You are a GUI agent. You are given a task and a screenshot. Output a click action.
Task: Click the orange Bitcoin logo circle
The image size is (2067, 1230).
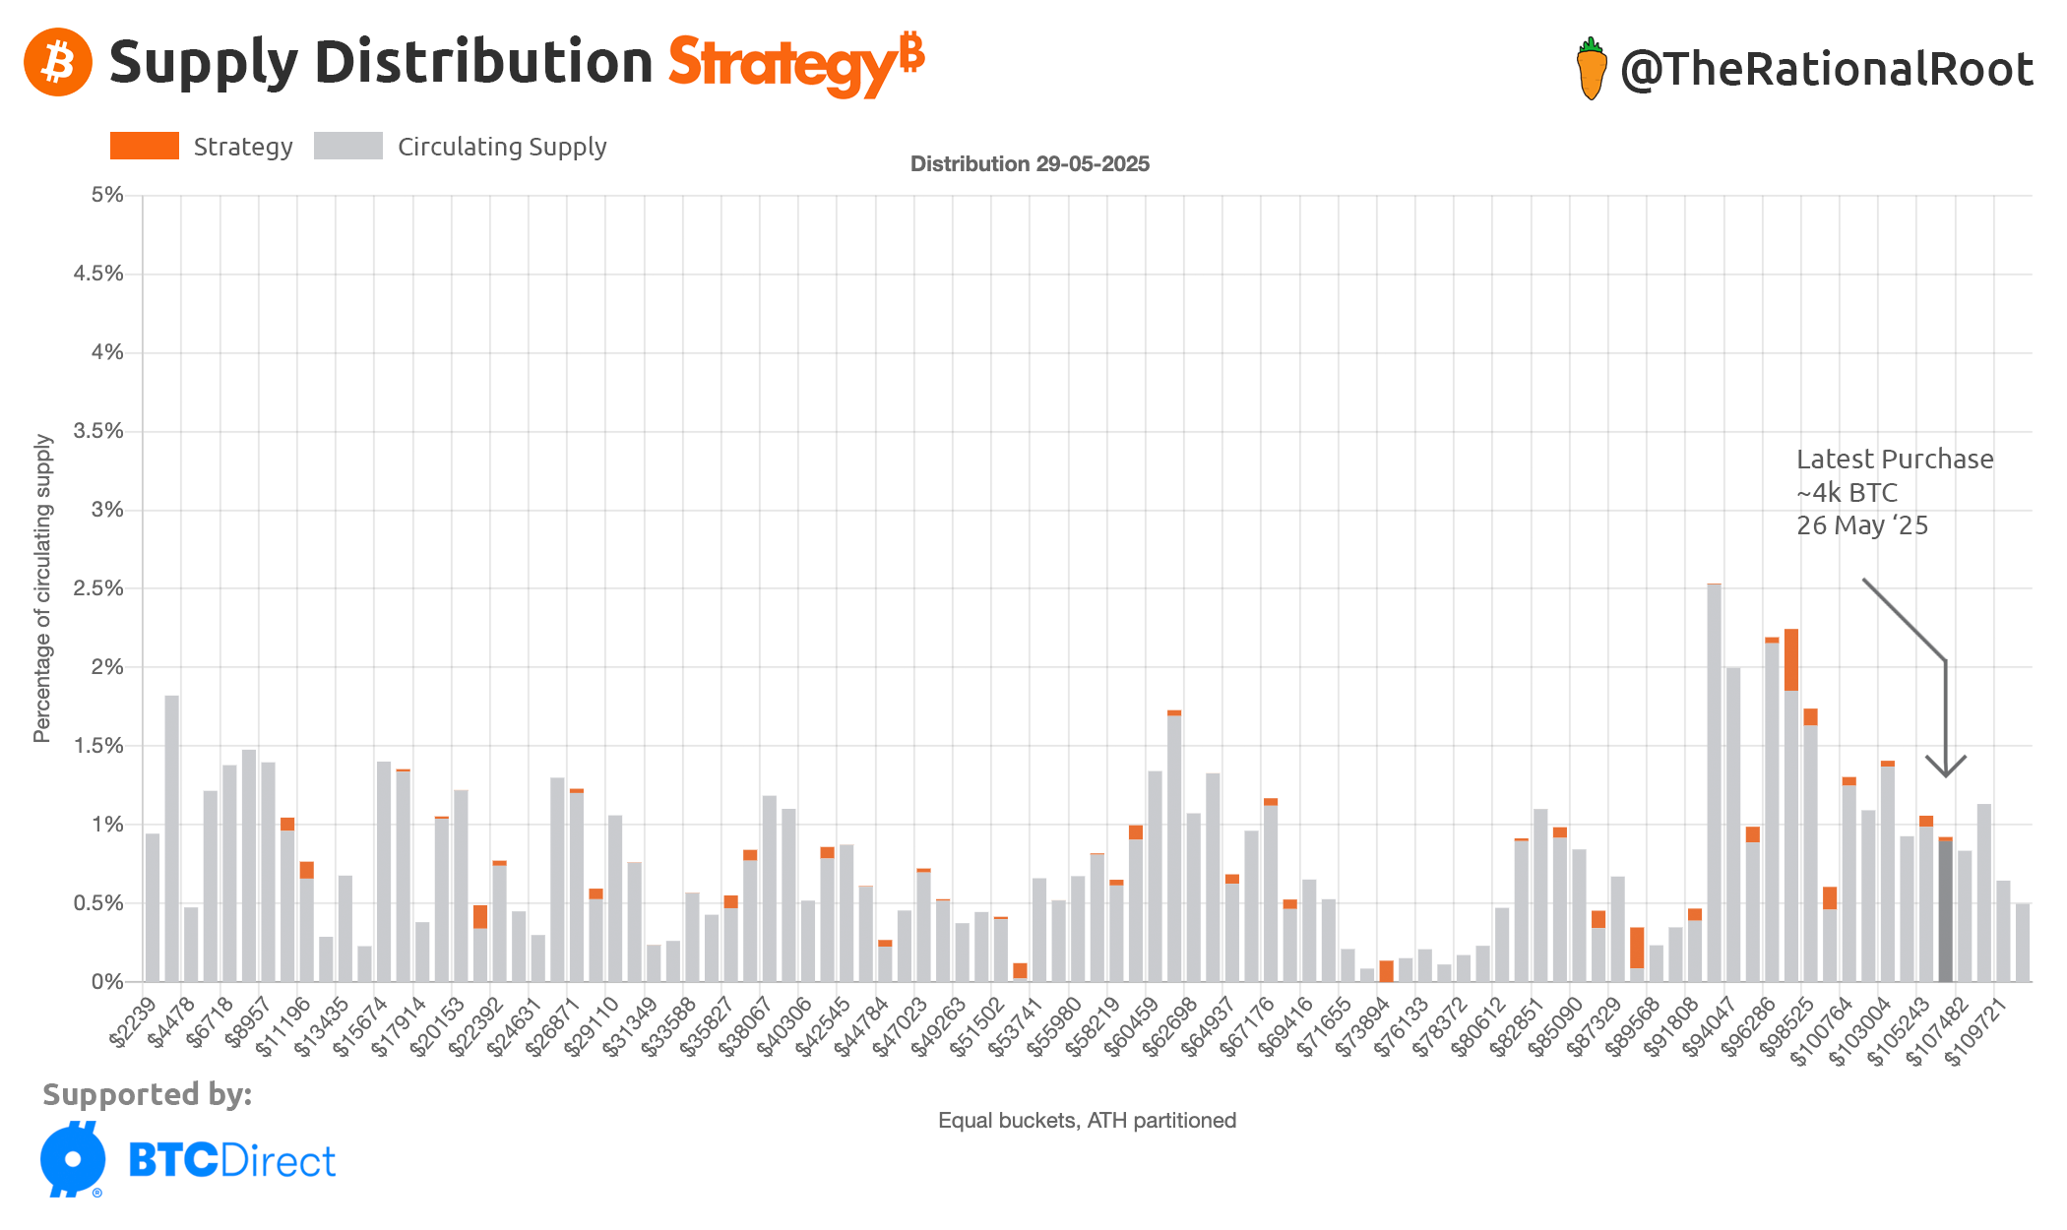tap(58, 62)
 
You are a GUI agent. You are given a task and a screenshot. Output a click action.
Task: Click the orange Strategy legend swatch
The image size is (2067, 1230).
tap(145, 146)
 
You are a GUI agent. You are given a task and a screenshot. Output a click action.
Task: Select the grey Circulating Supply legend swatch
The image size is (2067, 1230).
tap(347, 146)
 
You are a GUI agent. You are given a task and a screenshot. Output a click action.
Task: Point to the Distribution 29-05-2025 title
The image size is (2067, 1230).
tap(1030, 163)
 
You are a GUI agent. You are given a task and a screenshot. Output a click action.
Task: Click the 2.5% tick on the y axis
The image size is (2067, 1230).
tap(98, 588)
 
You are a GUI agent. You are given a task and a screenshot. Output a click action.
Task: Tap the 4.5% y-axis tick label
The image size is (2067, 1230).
tap(98, 274)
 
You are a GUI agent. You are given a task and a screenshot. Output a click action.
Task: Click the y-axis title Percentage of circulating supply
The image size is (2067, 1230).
tap(41, 588)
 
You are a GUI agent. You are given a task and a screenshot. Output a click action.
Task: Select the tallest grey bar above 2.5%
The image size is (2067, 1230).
tap(1714, 782)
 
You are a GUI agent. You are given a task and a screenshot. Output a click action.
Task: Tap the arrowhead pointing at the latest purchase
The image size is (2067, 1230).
tap(1945, 768)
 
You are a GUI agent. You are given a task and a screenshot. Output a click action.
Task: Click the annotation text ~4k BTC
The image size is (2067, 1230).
tap(1847, 492)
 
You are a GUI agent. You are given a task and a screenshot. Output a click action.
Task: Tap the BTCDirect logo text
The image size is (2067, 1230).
tap(231, 1161)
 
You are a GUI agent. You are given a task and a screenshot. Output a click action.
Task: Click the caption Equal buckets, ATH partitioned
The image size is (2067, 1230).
tap(1087, 1120)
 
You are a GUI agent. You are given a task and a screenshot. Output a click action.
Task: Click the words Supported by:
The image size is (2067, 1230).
tap(148, 1094)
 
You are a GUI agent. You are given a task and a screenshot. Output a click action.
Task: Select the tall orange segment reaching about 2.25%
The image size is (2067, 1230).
tap(1790, 659)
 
